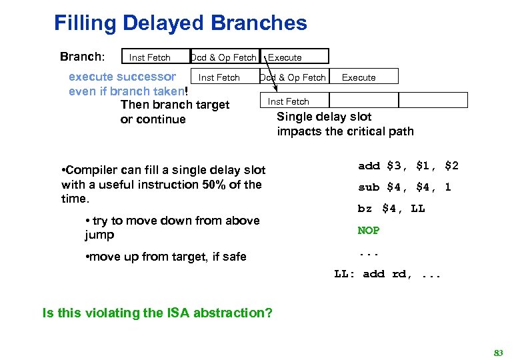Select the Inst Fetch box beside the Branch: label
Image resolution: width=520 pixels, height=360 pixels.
click(150, 57)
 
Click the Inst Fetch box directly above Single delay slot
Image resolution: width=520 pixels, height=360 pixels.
click(289, 101)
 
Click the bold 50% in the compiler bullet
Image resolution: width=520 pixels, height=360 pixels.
click(213, 185)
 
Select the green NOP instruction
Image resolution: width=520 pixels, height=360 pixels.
click(369, 231)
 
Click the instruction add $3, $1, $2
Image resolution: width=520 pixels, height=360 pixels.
click(408, 166)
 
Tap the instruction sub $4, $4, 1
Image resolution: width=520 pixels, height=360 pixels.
click(404, 187)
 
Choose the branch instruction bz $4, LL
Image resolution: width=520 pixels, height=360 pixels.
click(391, 209)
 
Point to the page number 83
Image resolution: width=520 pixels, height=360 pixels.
click(497, 352)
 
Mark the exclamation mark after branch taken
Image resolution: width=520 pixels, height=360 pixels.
click(187, 91)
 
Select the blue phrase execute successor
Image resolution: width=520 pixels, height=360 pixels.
click(123, 77)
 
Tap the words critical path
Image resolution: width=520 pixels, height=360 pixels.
click(383, 131)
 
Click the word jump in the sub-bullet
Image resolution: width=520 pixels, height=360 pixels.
click(99, 235)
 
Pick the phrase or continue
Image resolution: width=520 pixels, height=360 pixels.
click(153, 119)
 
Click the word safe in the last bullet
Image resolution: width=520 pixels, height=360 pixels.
click(233, 257)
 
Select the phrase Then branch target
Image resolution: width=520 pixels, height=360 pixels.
click(175, 105)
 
